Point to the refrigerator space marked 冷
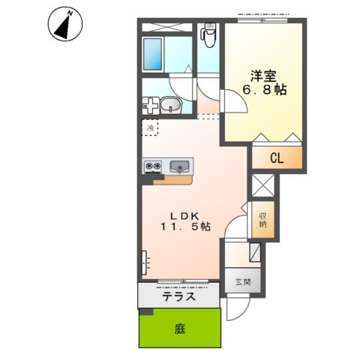[x=150, y=128]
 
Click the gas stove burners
[x=153, y=166]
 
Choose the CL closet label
[x=276, y=159]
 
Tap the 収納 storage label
[x=264, y=217]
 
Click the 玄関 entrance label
[x=242, y=282]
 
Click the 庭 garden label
[x=180, y=328]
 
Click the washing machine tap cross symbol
[x=149, y=106]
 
